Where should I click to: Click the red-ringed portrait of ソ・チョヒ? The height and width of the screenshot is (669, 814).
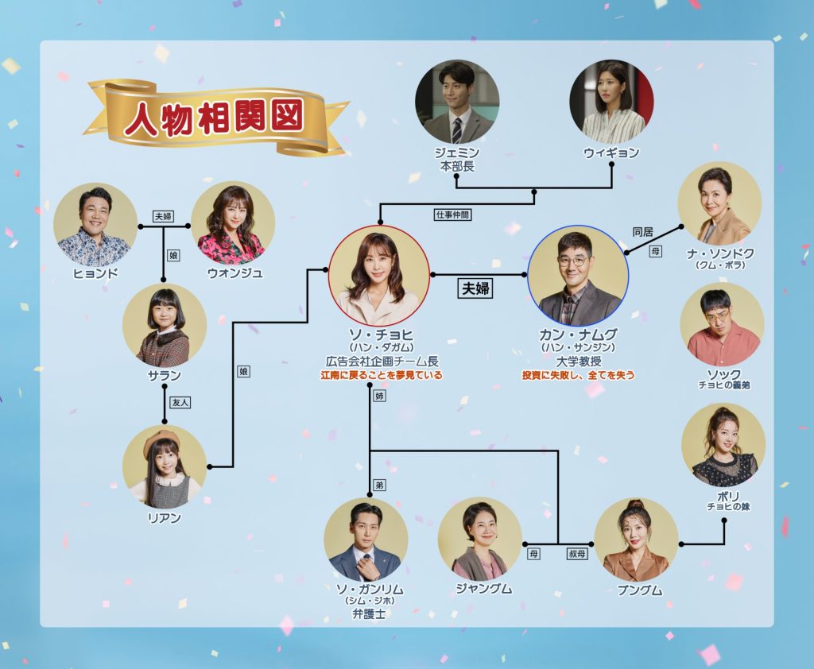coord(378,275)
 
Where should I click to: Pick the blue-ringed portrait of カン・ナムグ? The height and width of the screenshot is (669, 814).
coord(578,275)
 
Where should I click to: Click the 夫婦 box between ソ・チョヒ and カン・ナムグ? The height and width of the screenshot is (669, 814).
coord(476,288)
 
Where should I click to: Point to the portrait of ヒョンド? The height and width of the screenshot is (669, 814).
coord(95,224)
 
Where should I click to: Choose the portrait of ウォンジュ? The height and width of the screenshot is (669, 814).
coord(233,224)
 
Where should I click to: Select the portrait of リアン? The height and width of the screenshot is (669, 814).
coord(165,466)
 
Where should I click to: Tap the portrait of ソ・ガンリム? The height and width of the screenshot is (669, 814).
coord(366,539)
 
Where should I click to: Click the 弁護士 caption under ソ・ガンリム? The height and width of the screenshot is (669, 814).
coord(366,613)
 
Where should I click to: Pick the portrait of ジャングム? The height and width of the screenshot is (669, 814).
coord(479,539)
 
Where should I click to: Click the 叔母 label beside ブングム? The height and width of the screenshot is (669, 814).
coord(578,554)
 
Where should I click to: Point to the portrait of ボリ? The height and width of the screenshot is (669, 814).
coord(723,445)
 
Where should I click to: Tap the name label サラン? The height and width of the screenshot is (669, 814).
coord(165,376)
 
